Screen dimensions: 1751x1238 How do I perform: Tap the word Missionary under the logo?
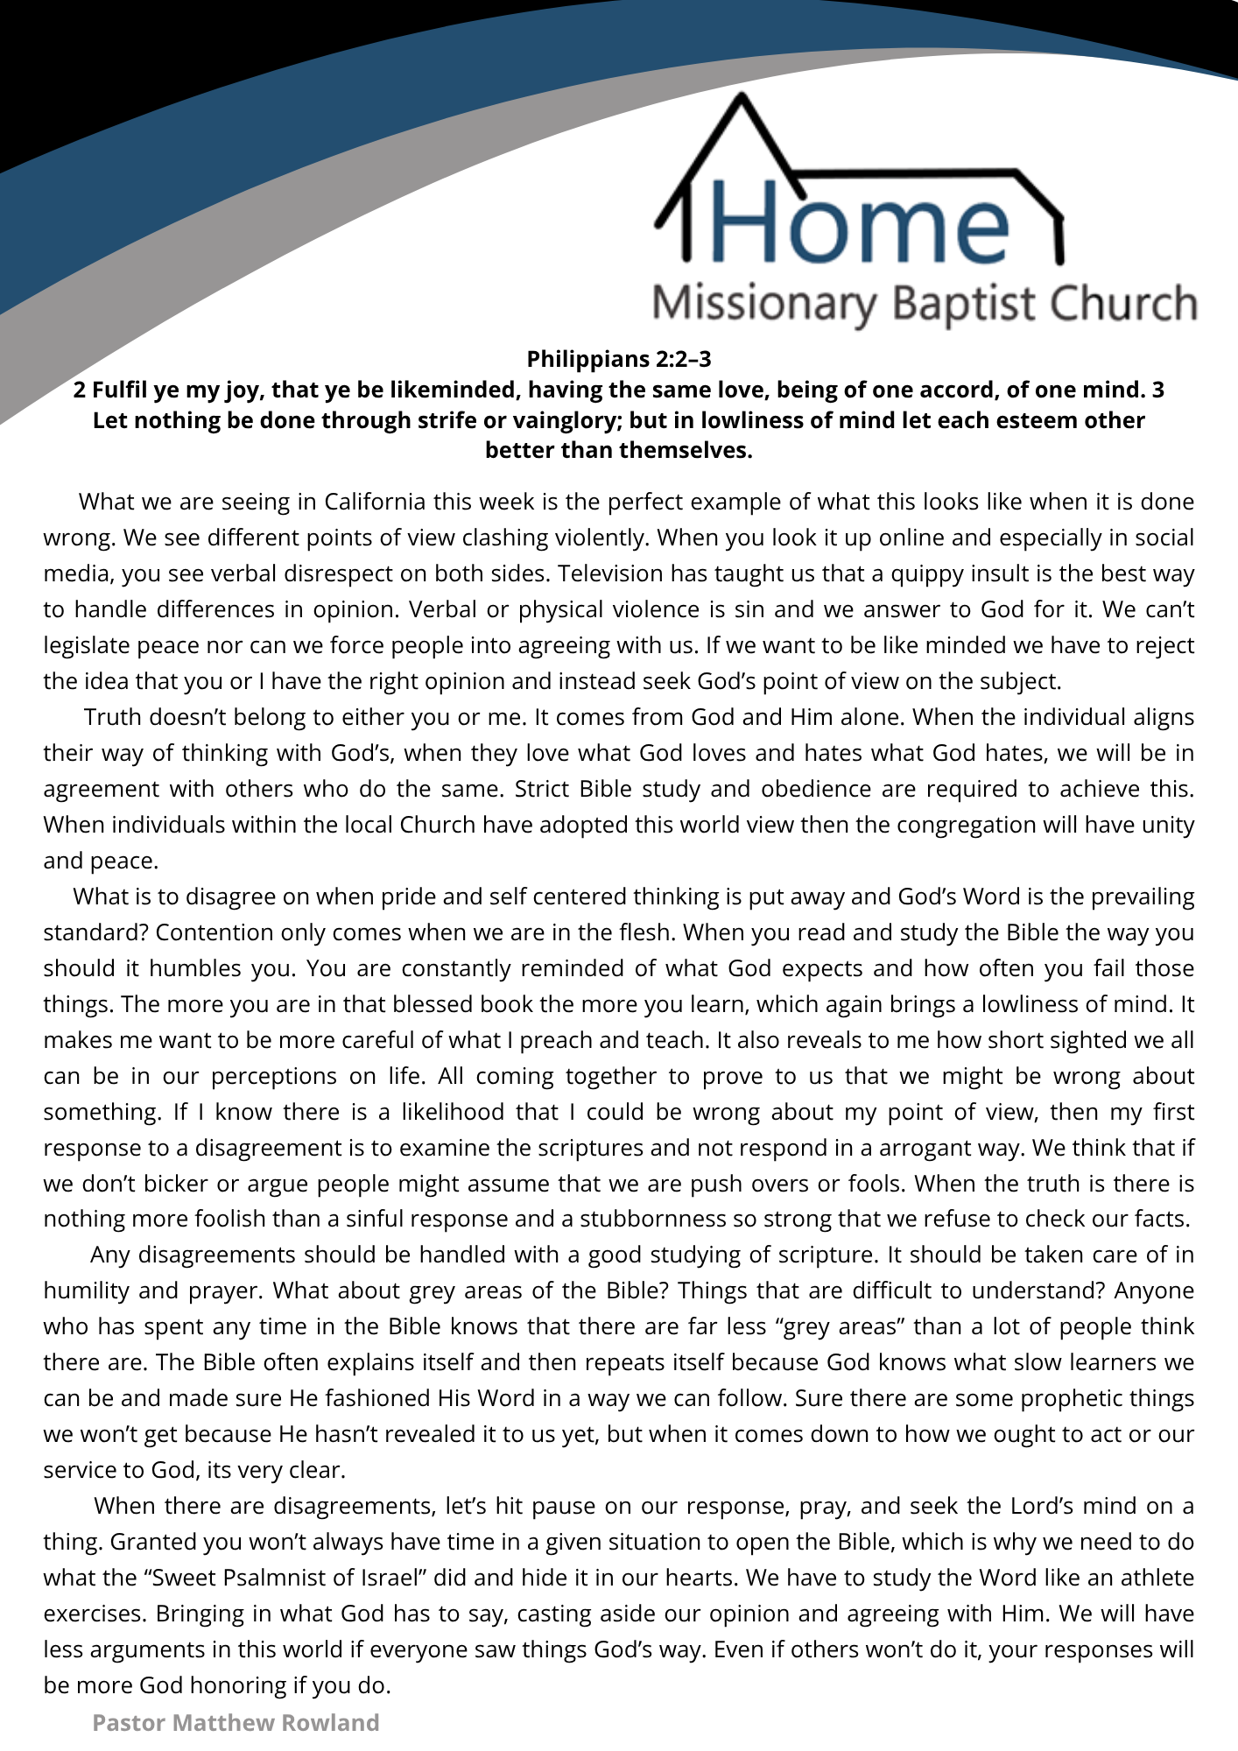click(763, 304)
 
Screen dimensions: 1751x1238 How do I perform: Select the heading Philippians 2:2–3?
click(618, 359)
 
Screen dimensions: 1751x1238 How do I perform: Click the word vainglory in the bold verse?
click(560, 420)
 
